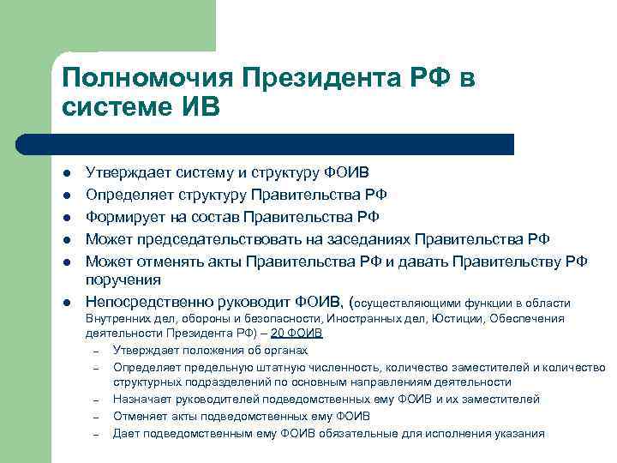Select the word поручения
[x=123, y=280]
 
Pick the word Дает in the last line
[x=126, y=433]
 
